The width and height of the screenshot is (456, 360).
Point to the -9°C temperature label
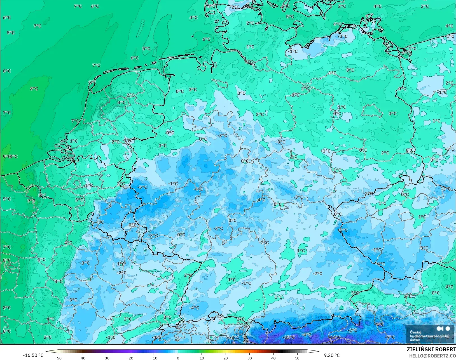point(380,324)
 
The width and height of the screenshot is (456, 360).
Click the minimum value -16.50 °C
point(33,355)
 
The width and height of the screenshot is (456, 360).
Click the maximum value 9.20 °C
point(332,355)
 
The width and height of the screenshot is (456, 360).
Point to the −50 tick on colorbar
point(58,358)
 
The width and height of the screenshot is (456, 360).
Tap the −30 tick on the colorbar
point(106,358)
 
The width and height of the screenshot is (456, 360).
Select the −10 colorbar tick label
point(154,358)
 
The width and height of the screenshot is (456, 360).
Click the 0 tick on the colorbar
point(178,358)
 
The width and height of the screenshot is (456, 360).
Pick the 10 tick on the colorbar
point(202,358)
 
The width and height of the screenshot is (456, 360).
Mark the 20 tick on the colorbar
point(226,358)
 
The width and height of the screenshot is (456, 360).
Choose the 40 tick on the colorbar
point(273,358)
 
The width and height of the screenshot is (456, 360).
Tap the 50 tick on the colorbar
point(297,358)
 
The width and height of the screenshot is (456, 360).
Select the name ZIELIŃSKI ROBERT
point(431,349)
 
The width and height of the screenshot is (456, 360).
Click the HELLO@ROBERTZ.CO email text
point(432,356)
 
